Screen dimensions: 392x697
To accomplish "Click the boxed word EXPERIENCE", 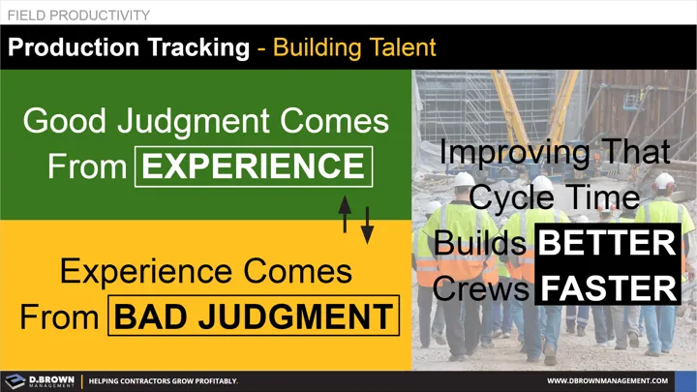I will [255, 166].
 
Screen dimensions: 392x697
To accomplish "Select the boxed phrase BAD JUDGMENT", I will [255, 316].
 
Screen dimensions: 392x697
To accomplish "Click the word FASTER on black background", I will [608, 287].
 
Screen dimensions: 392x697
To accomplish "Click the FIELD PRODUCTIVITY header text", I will [78, 15].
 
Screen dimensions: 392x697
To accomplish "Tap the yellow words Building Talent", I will [354, 46].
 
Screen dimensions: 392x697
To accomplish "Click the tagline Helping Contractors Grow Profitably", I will [164, 381].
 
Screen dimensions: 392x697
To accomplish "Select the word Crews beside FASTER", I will [482, 287].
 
